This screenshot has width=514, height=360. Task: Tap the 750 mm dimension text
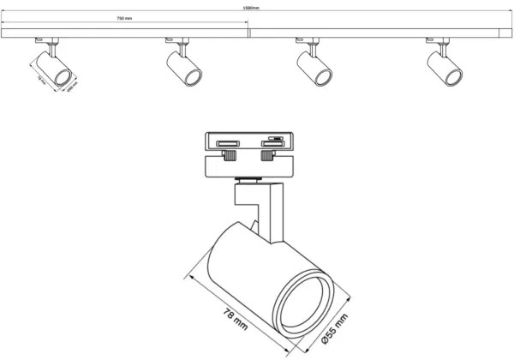(x=125, y=18)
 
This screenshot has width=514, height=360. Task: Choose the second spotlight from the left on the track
(x=184, y=66)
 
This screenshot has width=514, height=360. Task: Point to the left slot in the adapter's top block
(x=229, y=144)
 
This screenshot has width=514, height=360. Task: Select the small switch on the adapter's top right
(x=276, y=136)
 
